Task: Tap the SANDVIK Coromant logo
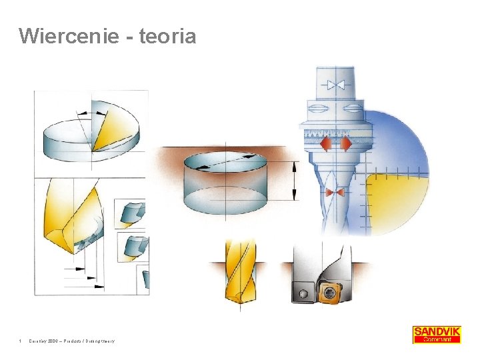pyautogui.click(x=437, y=334)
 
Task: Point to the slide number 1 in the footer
pyautogui.click(x=21, y=341)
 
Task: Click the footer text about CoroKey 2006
pyautogui.click(x=71, y=341)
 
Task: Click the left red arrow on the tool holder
pyautogui.click(x=327, y=144)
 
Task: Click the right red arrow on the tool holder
pyautogui.click(x=345, y=144)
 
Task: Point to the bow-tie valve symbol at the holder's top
pyautogui.click(x=335, y=85)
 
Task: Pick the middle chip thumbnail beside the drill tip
pyautogui.click(x=131, y=246)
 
